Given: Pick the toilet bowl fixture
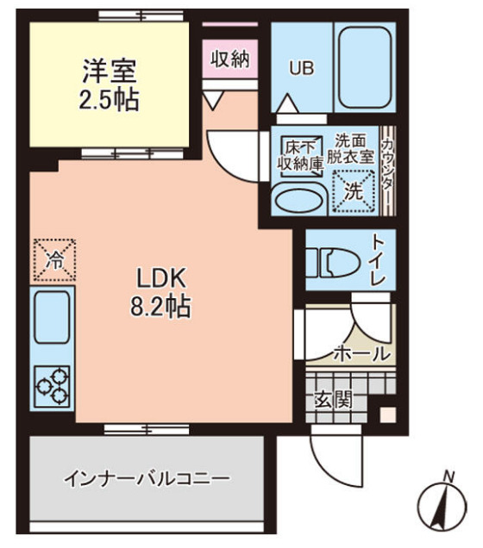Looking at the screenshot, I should tap(332, 260).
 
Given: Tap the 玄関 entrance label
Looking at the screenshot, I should tap(332, 399).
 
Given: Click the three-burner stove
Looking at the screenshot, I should tap(53, 386).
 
